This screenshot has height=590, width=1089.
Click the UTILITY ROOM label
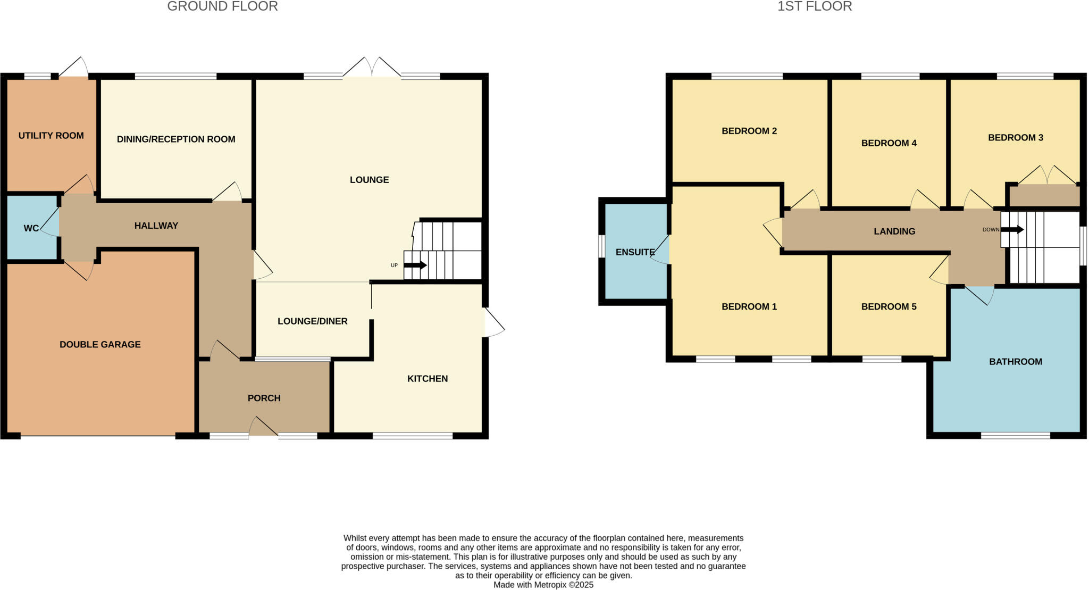pos(51,136)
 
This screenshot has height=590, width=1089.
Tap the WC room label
pos(31,228)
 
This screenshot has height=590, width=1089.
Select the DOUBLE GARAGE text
pos(100,345)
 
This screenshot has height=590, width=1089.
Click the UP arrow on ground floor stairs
pos(415,265)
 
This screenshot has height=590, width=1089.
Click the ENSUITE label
pos(635,252)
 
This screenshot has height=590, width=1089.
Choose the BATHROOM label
pos(1015,362)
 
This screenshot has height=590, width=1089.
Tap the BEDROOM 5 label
pos(889,306)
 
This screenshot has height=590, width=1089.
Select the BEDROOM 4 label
pos(889,143)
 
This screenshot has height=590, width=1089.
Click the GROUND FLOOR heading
pos(222,6)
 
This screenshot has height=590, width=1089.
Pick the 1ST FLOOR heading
pos(815,6)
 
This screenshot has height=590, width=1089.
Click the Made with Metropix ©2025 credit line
pos(543,585)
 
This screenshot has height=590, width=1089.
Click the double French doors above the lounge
pos(372,68)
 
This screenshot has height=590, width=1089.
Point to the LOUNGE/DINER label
pos(312,321)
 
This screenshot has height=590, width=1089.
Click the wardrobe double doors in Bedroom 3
pos(1046,176)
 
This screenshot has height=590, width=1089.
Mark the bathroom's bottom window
pos(1015,436)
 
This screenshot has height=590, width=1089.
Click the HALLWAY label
pos(156,226)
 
